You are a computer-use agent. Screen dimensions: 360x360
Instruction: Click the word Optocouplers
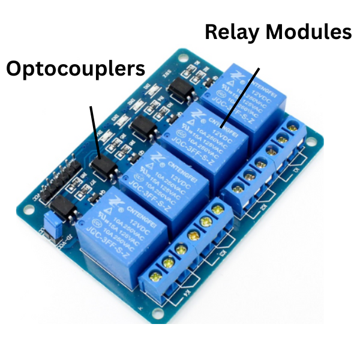(76, 70)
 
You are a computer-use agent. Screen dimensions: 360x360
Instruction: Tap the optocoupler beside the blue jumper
(63, 208)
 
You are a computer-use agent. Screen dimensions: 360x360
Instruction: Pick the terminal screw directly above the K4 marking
(158, 275)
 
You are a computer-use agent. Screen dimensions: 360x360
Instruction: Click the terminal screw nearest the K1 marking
(294, 127)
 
